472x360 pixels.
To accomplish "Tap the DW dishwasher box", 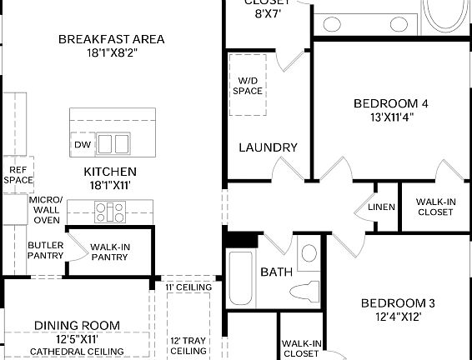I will [82, 144].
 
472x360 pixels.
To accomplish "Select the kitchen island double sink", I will [113, 144].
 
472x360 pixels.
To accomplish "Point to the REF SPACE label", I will [18, 173].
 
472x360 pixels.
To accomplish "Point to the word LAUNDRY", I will [268, 147].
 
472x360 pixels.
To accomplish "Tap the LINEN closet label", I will [380, 207].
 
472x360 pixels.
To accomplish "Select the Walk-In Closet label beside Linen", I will [434, 207].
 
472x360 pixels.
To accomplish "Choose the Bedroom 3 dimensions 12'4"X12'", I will [397, 317].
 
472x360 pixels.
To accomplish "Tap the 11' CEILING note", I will [188, 287].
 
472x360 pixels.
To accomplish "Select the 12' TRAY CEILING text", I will [188, 346].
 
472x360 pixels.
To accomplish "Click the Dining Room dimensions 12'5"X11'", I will [77, 339].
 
